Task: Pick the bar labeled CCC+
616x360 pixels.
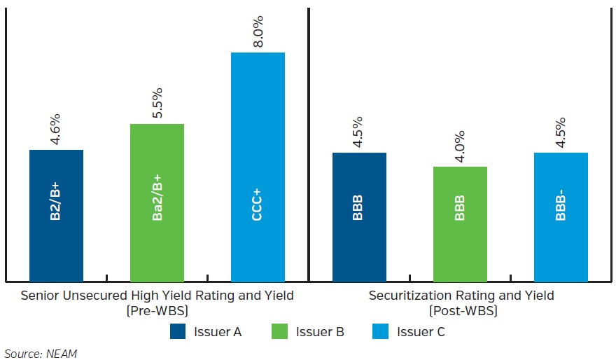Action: tap(258, 168)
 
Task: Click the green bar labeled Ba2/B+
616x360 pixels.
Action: tap(157, 203)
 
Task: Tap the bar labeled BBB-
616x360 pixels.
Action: tap(561, 217)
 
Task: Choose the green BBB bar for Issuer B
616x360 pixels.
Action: tap(460, 224)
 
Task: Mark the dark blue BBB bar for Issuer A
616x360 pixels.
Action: tap(359, 217)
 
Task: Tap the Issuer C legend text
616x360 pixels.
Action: tap(421, 331)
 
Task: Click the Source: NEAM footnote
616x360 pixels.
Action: tap(40, 354)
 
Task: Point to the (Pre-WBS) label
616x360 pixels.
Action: tap(157, 310)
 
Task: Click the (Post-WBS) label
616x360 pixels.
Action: tap(461, 310)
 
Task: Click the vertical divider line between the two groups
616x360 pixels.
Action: tap(309, 140)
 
